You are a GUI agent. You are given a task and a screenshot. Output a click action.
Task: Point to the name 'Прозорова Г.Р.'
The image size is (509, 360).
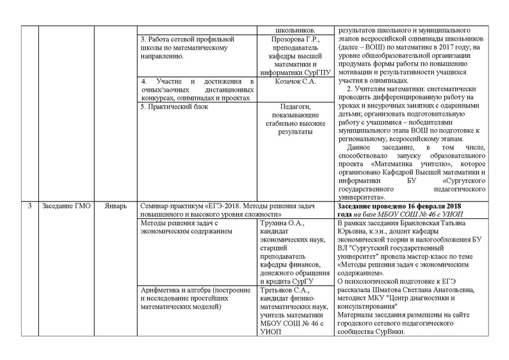point(293,40)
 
